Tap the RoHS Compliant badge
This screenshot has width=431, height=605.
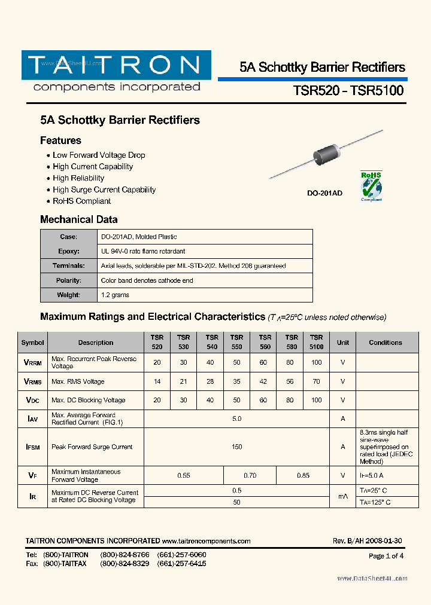(371, 186)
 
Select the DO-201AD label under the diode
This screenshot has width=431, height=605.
(325, 194)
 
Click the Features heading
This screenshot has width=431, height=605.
(60, 140)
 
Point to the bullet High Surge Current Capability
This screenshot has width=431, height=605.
(104, 190)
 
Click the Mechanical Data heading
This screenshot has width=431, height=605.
(78, 219)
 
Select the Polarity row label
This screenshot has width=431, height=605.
(68, 280)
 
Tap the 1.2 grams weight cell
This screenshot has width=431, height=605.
(115, 295)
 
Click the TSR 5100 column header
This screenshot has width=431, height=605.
(316, 342)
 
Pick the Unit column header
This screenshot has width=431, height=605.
(342, 343)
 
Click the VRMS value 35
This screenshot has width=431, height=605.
(236, 381)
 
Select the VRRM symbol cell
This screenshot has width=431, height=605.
(32, 362)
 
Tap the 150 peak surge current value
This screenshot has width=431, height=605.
(236, 447)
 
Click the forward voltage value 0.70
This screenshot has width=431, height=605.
(250, 475)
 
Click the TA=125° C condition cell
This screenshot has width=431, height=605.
(375, 502)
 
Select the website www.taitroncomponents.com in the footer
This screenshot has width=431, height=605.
(206, 541)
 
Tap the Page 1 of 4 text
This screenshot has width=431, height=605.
(386, 556)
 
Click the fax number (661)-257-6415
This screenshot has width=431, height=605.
(181, 564)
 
